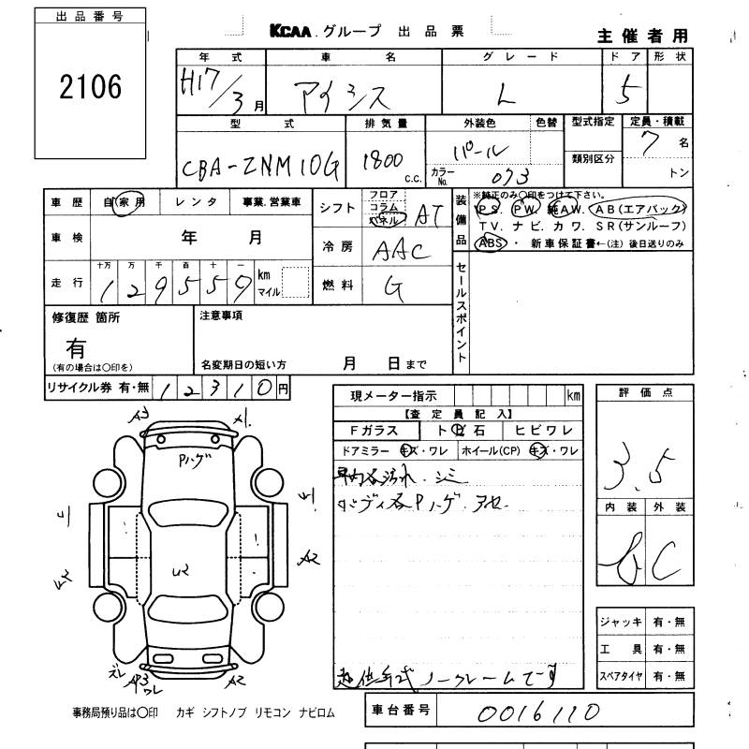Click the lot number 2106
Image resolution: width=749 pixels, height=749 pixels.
[90, 88]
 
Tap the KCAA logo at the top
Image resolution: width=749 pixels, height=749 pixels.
[292, 31]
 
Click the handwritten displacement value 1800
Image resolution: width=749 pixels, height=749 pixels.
[383, 159]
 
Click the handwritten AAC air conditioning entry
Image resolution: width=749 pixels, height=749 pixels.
[400, 250]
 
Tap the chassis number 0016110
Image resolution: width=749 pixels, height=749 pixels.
[537, 713]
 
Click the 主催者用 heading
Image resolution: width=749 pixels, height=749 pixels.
[642, 36]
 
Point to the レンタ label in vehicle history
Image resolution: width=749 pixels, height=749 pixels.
[198, 201]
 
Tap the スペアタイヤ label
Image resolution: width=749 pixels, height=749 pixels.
[620, 675]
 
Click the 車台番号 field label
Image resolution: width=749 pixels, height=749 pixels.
[401, 711]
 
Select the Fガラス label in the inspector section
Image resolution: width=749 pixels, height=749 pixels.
[373, 432]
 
